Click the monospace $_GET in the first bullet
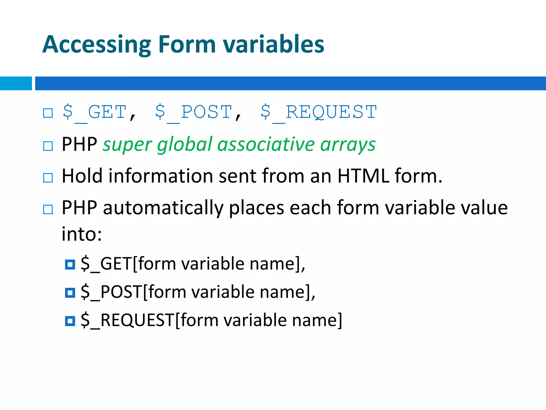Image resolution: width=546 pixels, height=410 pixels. pos(94,112)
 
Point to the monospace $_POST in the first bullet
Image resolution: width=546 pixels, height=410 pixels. pos(194,112)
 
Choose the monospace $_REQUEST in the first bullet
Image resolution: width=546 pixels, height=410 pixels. pos(319,112)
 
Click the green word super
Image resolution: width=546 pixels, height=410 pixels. pos(127,145)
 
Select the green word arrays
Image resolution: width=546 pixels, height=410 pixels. pos(348,145)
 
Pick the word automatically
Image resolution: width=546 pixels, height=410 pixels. pos(163,208)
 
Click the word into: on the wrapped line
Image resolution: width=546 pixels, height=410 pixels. pos(82,234)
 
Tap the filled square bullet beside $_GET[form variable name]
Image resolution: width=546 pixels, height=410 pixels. pos(70,265)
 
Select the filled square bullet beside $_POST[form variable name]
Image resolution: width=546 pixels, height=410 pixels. pos(70,293)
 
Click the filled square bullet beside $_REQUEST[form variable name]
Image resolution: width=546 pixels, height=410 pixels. pos(70,321)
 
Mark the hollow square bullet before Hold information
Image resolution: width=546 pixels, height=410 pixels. pos(48,178)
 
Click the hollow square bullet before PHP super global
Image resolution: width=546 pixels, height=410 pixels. pos(48,146)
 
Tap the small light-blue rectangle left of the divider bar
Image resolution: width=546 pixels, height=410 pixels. pos(16,83)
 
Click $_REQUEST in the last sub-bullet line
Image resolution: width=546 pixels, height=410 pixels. pos(128,320)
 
